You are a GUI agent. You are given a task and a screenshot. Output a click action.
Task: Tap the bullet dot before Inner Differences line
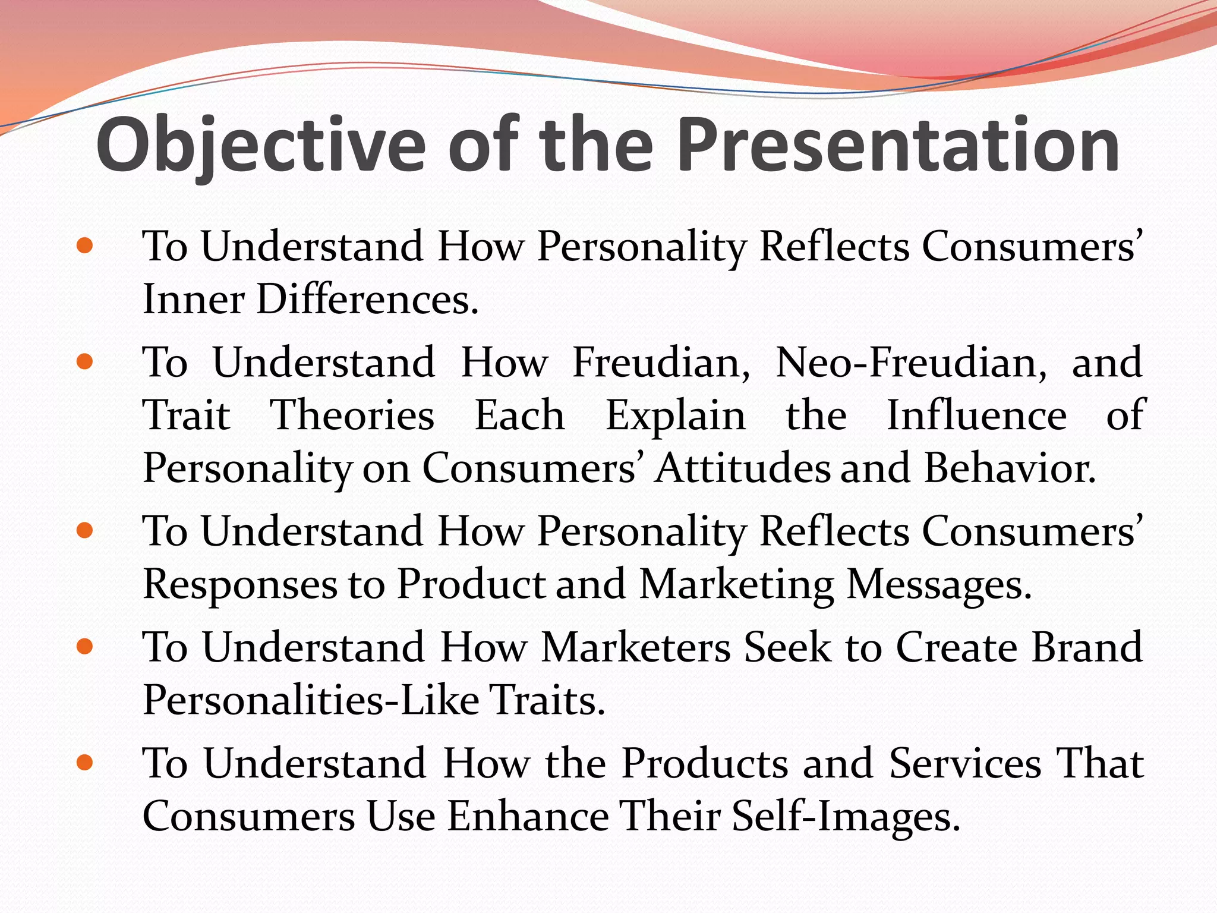[85, 245]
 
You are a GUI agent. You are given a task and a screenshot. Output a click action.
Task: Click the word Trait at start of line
[186, 415]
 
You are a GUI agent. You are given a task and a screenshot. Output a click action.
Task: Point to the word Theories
[352, 415]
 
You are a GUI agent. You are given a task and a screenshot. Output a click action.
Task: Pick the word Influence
[976, 415]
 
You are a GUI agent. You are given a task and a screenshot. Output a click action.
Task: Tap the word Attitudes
[742, 468]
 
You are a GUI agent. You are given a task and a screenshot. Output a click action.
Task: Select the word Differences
[367, 299]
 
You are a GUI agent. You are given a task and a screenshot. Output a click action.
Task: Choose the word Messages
[938, 584]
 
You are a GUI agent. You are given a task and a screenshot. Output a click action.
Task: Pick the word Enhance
[528, 816]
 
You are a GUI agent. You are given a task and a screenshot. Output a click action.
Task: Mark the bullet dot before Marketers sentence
[85, 646]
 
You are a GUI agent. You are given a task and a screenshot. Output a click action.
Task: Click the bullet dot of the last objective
[85, 763]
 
